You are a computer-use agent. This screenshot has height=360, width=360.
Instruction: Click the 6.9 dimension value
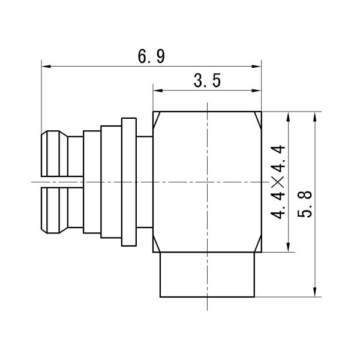point(151,56)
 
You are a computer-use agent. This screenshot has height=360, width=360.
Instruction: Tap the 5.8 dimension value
point(305,204)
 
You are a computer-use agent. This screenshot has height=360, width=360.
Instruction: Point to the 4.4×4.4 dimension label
point(278,182)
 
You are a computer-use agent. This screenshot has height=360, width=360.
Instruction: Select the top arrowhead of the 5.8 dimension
point(316,118)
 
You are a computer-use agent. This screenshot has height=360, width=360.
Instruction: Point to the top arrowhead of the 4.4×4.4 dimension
point(290,118)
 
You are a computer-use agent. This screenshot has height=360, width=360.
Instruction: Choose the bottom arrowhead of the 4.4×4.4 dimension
point(290,247)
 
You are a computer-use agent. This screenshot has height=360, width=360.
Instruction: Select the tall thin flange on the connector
point(129,181)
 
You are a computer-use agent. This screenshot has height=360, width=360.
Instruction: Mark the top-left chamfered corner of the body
point(156,117)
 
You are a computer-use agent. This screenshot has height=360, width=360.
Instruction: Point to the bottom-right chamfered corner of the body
point(259,248)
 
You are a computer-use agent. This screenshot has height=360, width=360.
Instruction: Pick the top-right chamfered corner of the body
point(259,116)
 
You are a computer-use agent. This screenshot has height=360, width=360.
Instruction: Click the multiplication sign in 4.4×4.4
point(278,182)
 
